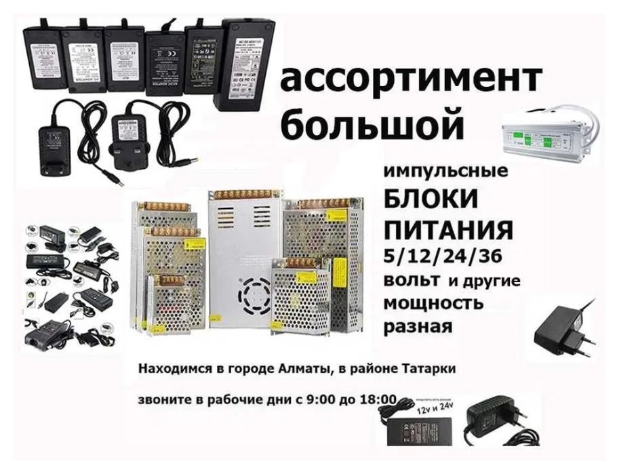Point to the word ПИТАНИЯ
pyautogui.click(x=447, y=229)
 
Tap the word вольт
pyautogui.click(x=411, y=280)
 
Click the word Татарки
pyautogui.click(x=428, y=369)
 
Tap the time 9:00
pyautogui.click(x=323, y=399)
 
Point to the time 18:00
pyautogui.click(x=378, y=399)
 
